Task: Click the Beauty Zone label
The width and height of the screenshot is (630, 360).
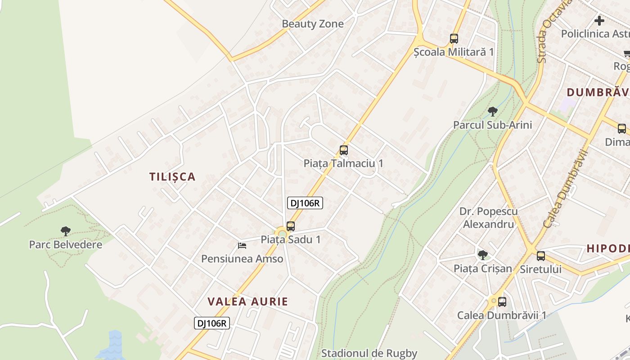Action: point(312,24)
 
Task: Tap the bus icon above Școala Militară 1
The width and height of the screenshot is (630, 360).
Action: point(454,39)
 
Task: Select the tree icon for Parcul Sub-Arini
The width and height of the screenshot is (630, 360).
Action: point(492,111)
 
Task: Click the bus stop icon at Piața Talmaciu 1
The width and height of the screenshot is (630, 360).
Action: point(344,150)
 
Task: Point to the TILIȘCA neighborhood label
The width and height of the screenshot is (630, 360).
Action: point(172,177)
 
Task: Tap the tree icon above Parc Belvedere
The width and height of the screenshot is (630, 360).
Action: point(66,231)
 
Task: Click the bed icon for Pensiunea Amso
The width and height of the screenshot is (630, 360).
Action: point(242,246)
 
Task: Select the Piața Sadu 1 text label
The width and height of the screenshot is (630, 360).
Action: point(291,240)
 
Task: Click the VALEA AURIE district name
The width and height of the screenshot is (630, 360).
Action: point(247,301)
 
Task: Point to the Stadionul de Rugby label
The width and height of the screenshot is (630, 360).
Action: point(369,353)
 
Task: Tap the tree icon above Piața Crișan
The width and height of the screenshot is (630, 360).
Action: point(482,255)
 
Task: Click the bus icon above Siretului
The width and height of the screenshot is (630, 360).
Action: point(540,256)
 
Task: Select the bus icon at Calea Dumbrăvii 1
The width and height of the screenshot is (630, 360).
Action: point(502,302)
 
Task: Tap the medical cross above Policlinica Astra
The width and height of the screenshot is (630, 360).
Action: point(599,20)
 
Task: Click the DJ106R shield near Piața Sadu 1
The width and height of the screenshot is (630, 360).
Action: point(305,203)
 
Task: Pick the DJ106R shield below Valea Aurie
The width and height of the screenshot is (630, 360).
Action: point(212,323)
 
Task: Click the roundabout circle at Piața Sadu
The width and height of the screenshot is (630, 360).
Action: point(282,234)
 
